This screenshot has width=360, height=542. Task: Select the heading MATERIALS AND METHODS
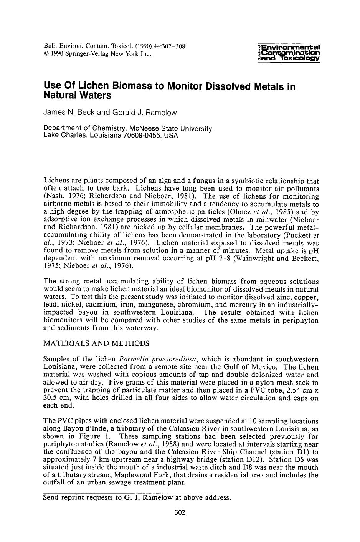[96, 343]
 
